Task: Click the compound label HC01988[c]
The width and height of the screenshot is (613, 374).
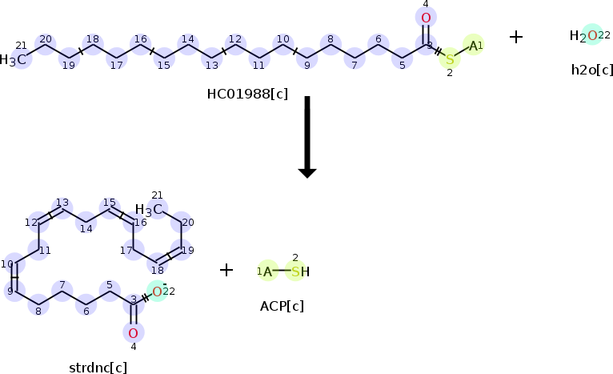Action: click(247, 94)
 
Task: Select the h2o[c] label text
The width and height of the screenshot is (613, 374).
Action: click(592, 70)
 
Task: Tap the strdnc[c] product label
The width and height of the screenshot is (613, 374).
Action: click(98, 368)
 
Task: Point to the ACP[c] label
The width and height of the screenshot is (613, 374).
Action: click(282, 306)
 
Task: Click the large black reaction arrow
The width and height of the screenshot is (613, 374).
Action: click(307, 137)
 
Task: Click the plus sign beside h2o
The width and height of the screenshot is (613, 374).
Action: click(516, 37)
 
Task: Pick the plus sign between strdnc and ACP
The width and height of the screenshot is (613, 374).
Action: click(226, 270)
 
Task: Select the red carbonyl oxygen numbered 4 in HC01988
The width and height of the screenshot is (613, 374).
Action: click(426, 18)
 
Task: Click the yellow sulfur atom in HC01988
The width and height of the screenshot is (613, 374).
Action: click(450, 59)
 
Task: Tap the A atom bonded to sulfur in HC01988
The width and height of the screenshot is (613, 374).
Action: click(473, 46)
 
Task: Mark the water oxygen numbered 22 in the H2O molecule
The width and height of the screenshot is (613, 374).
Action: click(592, 35)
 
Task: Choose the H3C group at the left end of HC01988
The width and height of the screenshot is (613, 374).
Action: click(13, 59)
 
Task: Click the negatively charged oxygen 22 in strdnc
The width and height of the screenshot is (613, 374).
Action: click(157, 292)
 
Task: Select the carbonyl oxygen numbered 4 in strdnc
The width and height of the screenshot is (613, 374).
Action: click(134, 333)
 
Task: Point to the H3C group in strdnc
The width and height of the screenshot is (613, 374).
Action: click(149, 210)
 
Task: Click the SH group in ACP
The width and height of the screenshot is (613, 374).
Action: click(300, 271)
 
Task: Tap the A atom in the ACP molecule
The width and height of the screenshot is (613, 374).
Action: click(267, 271)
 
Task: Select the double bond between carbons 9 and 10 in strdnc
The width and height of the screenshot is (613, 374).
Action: click(14, 277)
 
